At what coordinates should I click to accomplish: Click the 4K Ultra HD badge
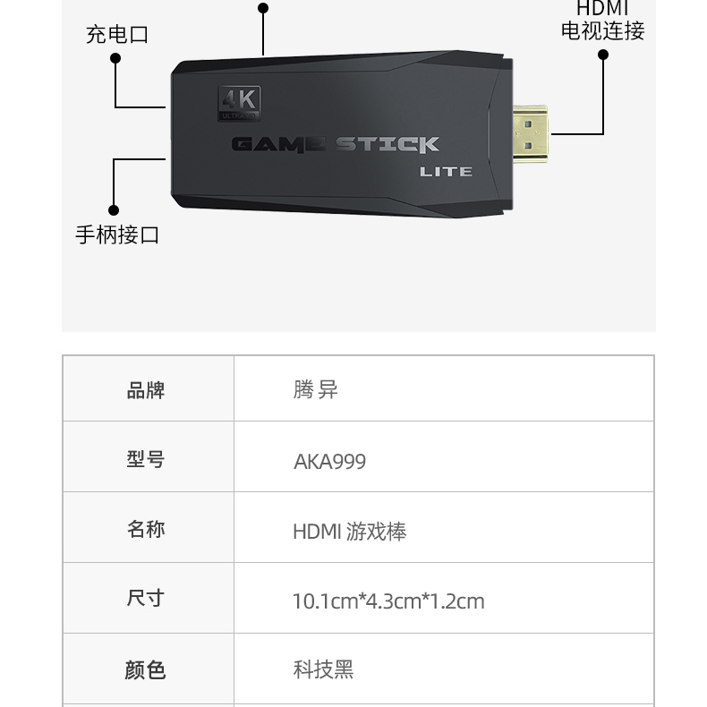[x=239, y=103]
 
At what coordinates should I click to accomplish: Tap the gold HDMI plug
[x=530, y=134]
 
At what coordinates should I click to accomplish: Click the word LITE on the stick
[x=446, y=172]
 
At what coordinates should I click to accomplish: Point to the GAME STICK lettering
[x=335, y=144]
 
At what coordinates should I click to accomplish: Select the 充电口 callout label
[x=117, y=35]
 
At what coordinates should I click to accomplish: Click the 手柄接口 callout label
[x=117, y=234]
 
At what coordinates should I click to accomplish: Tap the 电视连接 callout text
[x=603, y=30]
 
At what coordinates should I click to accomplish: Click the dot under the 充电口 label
[x=115, y=58]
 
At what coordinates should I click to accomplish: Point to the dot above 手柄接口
[x=114, y=210]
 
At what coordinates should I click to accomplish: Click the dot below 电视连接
[x=603, y=55]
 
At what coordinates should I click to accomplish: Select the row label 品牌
[x=146, y=390]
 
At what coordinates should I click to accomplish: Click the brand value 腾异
[x=315, y=389]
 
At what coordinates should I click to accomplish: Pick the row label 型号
[x=146, y=459]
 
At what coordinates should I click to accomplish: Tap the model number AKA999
[x=329, y=462]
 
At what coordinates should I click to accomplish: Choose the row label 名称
[x=146, y=529]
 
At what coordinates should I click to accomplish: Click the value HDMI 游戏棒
[x=349, y=532]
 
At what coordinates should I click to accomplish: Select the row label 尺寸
[x=145, y=599]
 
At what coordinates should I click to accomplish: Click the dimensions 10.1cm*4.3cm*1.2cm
[x=388, y=601]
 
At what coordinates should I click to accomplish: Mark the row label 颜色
[x=145, y=669]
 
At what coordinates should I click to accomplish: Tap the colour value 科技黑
[x=323, y=669]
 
